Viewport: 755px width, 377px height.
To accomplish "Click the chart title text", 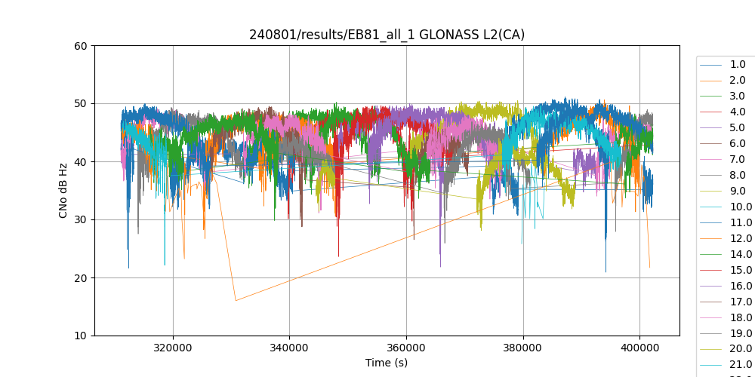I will click(x=387, y=35).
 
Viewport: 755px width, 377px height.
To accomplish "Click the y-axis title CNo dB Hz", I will click(x=64, y=191).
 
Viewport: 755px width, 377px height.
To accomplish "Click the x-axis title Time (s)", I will click(x=387, y=363).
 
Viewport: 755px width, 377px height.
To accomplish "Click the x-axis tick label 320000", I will click(x=173, y=348).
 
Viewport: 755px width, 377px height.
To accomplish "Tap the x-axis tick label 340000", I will click(x=289, y=348).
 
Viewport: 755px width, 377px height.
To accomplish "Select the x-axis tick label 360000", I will click(x=406, y=348).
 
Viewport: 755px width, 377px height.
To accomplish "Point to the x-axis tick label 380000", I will click(x=523, y=348).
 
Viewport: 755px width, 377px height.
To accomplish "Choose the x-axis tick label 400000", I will click(x=639, y=348).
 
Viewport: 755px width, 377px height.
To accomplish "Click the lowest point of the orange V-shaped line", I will click(x=236, y=301).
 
